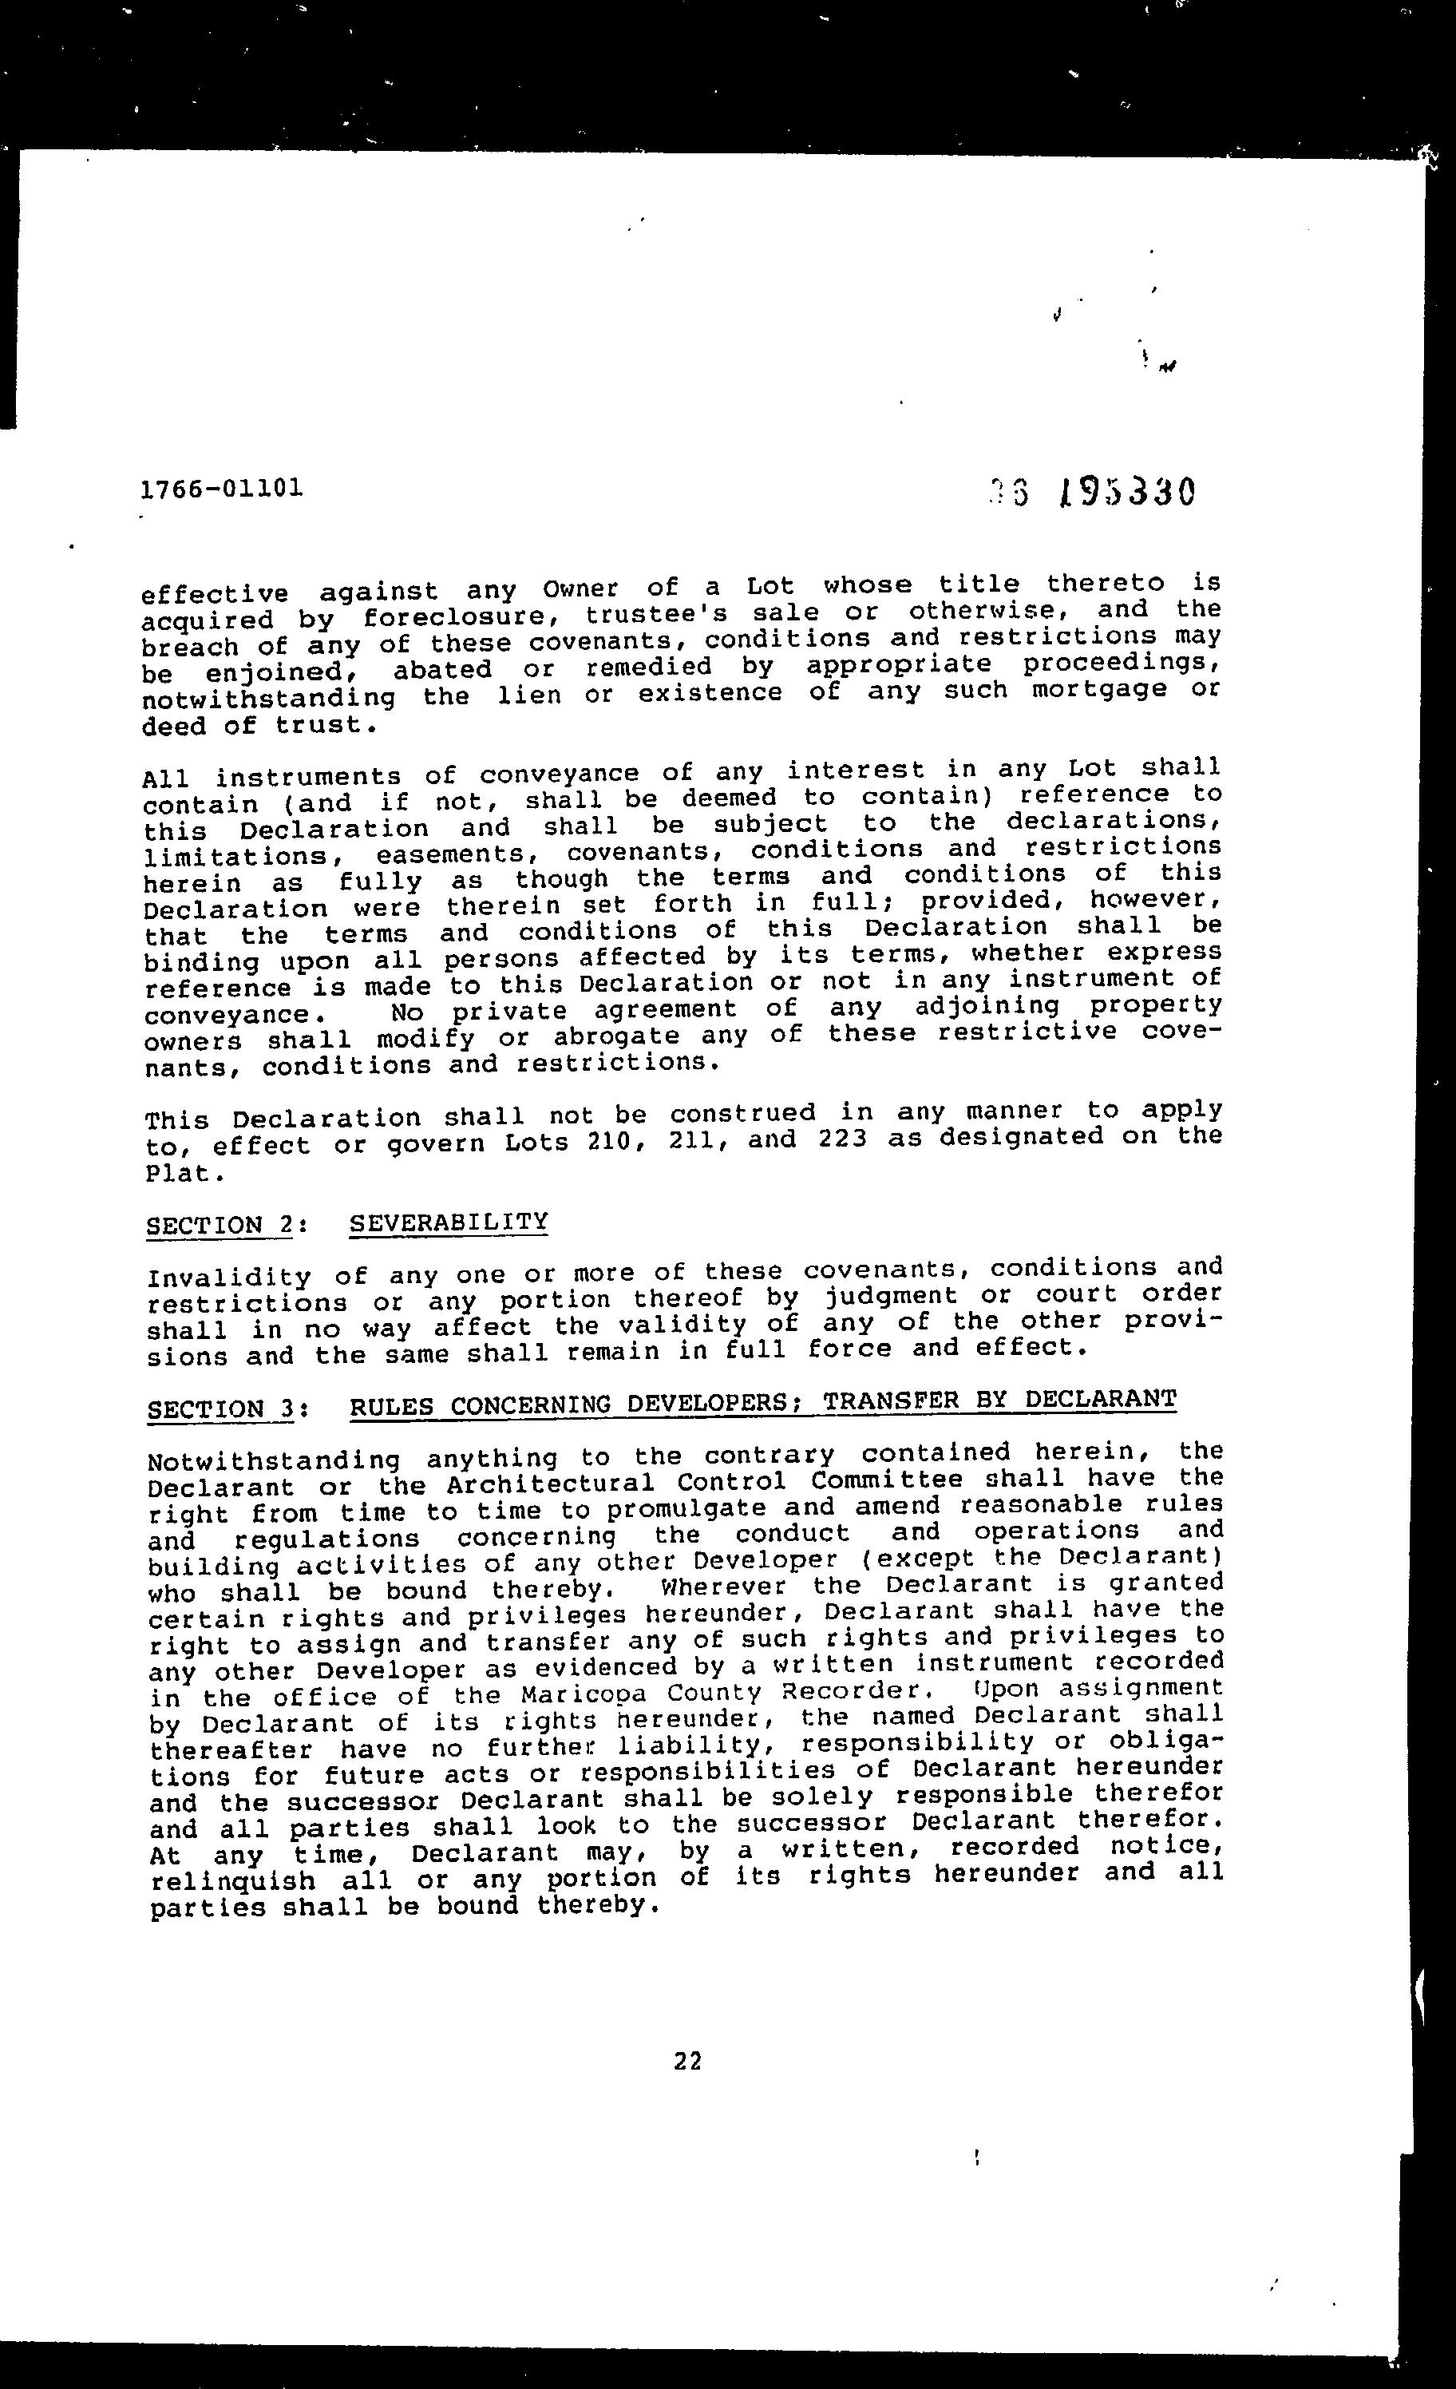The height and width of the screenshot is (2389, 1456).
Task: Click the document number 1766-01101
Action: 222,488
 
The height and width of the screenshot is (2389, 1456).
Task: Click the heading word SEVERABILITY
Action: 449,1222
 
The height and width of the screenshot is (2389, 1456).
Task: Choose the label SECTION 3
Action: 220,1408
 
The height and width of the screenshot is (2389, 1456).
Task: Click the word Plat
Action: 177,1173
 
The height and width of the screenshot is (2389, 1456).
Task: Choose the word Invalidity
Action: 229,1277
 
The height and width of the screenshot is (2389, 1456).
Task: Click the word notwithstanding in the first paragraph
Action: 268,697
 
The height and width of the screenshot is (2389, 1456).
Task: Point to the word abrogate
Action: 616,1036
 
